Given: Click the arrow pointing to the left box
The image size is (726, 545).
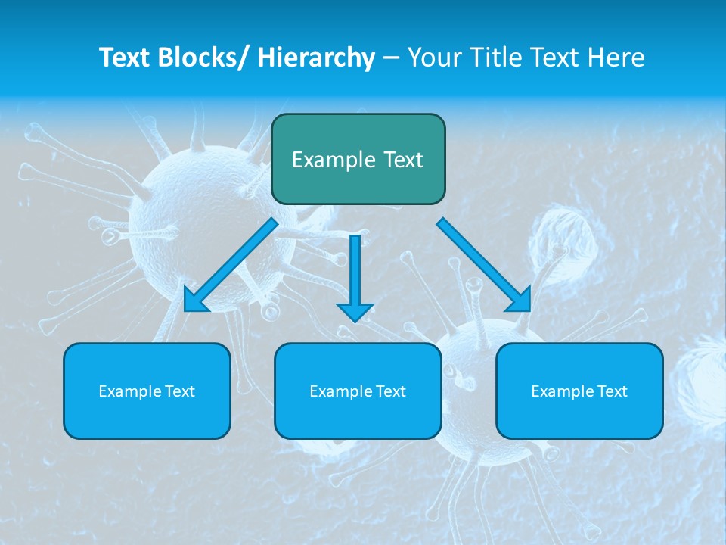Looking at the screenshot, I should (231, 265).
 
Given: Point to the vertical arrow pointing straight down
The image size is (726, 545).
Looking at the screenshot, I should (355, 276).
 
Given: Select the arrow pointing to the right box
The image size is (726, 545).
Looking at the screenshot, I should (484, 265).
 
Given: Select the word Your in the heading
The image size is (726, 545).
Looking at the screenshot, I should (433, 58).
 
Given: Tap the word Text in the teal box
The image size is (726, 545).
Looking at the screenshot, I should (402, 160).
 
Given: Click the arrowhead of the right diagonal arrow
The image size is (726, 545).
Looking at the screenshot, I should (520, 301).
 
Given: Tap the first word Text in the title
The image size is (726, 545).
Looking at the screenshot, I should (126, 58).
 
